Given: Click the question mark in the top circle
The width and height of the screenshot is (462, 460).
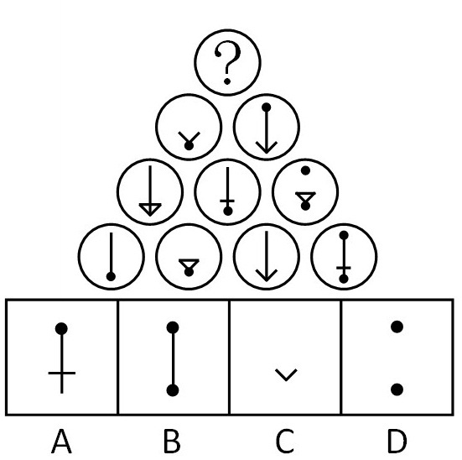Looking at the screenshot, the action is click(x=227, y=62).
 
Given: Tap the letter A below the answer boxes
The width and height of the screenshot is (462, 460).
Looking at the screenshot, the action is click(x=61, y=442).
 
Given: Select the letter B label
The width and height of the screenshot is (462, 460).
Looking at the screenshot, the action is click(x=172, y=442).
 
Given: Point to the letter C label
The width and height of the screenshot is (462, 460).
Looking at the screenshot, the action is click(x=285, y=442).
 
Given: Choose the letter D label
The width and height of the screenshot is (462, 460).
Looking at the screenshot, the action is click(x=397, y=442).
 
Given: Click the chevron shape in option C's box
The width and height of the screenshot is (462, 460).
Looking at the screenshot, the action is click(x=286, y=374).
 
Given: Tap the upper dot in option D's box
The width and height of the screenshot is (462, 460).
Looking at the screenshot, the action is click(x=397, y=327).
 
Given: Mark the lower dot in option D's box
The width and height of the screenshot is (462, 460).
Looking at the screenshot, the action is click(x=397, y=389).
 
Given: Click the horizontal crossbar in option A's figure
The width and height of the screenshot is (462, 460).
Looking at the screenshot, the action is click(x=62, y=374).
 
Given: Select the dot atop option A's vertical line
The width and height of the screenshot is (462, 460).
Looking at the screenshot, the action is click(x=61, y=328).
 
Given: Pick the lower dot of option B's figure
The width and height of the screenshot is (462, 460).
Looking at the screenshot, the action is click(x=173, y=390).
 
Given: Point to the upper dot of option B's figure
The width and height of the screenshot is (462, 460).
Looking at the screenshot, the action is click(x=173, y=327).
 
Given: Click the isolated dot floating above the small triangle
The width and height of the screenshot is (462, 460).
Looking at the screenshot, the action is click(x=305, y=170).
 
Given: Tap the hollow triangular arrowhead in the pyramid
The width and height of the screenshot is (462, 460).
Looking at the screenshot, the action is click(x=150, y=209).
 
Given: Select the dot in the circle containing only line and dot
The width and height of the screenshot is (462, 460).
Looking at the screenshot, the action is click(x=111, y=276).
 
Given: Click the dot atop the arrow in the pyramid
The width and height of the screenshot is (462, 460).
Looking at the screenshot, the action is click(x=267, y=107).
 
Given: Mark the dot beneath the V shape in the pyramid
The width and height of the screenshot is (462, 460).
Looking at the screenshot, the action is click(x=189, y=145).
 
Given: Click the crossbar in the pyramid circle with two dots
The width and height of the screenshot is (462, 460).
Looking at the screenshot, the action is click(x=344, y=268).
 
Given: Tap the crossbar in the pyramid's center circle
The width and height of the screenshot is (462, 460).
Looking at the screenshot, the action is click(x=227, y=201).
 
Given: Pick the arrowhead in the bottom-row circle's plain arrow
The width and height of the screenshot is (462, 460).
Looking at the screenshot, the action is click(x=267, y=275).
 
